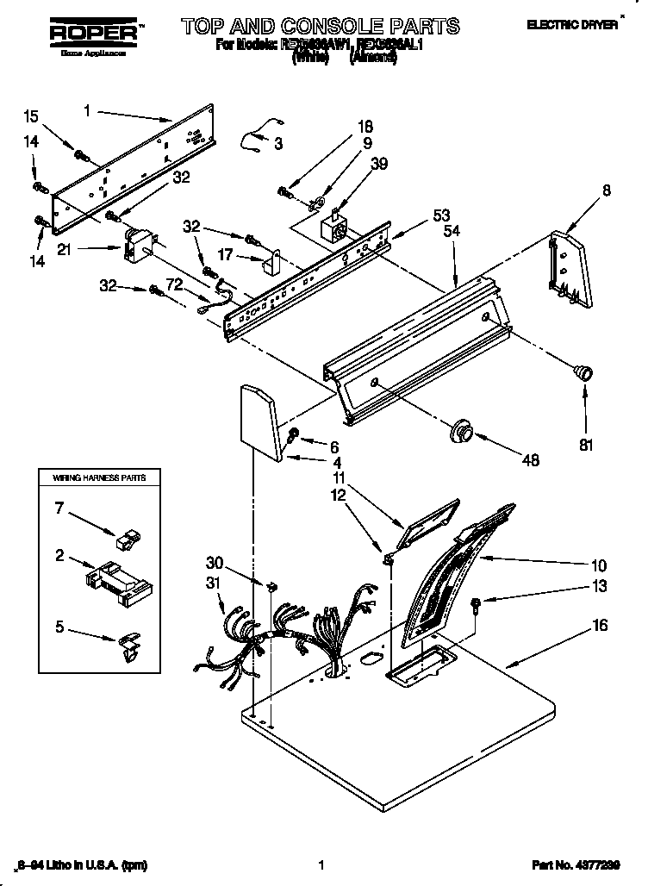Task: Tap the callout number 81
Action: pyautogui.click(x=586, y=446)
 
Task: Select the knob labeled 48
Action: pyautogui.click(x=463, y=429)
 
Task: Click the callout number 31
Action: pyautogui.click(x=215, y=584)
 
